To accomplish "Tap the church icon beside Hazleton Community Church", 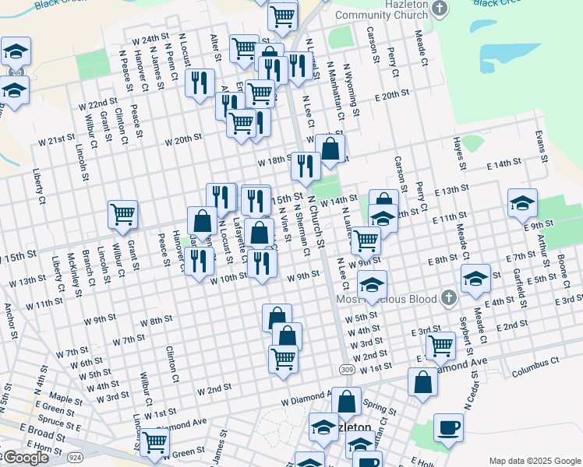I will pyautogui.click(x=440, y=9).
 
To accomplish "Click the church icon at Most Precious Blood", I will pyautogui.click(x=447, y=297).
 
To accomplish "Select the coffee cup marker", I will pyautogui.click(x=448, y=428).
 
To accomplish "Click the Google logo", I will pyautogui.click(x=25, y=458).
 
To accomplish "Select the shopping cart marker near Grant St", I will pyautogui.click(x=123, y=214).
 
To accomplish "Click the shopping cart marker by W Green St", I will pyautogui.click(x=156, y=441).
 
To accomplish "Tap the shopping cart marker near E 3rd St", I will pyautogui.click(x=441, y=345).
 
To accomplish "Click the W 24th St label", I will pyautogui.click(x=150, y=38).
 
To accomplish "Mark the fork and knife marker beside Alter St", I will pyautogui.click(x=200, y=82).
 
